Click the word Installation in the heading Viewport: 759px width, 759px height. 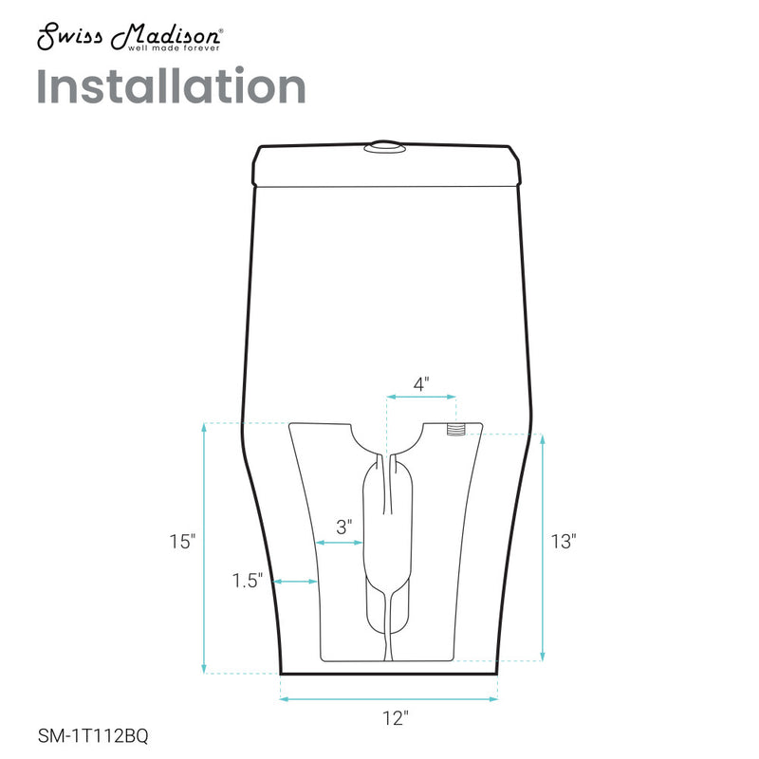(x=171, y=86)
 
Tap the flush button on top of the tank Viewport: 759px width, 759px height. (x=383, y=146)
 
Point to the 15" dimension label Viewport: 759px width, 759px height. (x=182, y=543)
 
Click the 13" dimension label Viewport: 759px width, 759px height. (x=564, y=543)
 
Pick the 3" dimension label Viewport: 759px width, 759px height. (x=343, y=524)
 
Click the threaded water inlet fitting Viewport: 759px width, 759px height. (x=456, y=430)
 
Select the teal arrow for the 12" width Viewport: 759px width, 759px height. (x=389, y=700)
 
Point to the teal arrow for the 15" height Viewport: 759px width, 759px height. (x=205, y=548)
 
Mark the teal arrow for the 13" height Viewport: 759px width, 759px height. (x=542, y=548)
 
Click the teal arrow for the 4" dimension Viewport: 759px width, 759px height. (x=421, y=398)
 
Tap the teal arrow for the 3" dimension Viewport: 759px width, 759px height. (x=339, y=542)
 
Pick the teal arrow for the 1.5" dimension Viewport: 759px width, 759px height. (x=295, y=581)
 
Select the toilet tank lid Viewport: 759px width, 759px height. (x=389, y=165)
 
